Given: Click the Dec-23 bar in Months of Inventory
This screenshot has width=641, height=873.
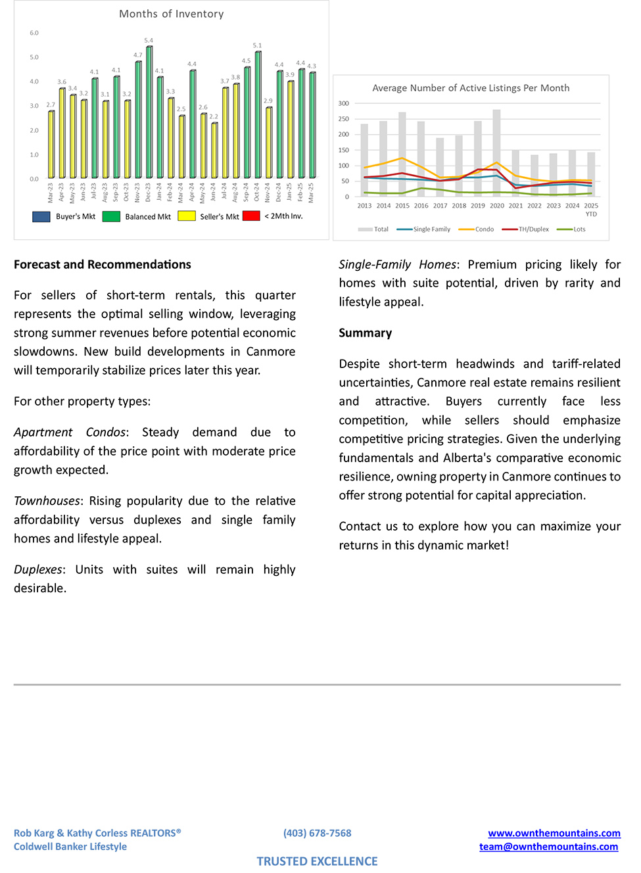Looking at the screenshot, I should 149,112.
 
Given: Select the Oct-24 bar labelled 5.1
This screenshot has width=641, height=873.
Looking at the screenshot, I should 258,115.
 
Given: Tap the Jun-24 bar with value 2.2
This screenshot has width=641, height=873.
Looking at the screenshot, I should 214,151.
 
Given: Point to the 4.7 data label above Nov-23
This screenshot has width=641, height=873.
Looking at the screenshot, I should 138,55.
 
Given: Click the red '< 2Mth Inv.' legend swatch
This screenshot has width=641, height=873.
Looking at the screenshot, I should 251,216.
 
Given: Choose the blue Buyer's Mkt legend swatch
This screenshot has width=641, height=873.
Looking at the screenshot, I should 41,216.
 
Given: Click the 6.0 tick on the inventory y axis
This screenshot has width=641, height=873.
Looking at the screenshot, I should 34,33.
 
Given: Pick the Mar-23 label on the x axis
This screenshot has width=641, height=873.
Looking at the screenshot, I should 51,192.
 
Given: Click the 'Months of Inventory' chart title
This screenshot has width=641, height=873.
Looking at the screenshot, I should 171,14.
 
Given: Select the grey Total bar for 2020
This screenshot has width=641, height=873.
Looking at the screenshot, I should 497,153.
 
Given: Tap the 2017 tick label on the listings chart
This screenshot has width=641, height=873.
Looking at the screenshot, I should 440,206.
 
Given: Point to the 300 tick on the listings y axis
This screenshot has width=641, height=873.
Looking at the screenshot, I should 344,103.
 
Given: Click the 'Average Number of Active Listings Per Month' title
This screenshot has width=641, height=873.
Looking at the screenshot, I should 471,88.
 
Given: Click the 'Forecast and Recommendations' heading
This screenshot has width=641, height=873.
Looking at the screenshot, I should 102,264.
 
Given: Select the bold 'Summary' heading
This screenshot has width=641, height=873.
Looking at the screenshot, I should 365,333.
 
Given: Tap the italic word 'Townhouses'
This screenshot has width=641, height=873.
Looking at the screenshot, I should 47,501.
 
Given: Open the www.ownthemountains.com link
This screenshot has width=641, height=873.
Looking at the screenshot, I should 554,833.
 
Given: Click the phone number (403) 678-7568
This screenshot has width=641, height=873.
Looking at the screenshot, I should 317,833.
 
